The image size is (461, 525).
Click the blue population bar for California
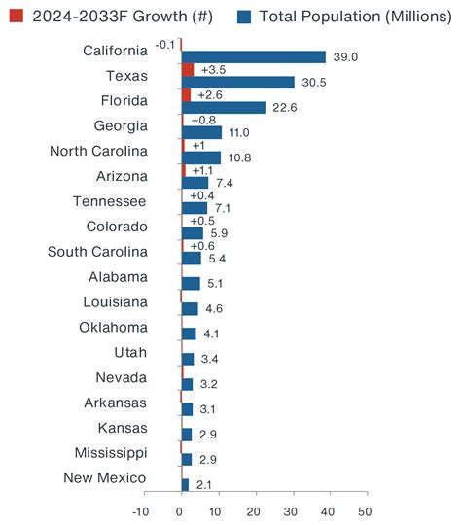click(x=253, y=57)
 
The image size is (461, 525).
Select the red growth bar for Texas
click(x=188, y=70)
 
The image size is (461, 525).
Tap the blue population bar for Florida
click(x=223, y=108)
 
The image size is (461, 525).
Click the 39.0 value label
click(x=345, y=57)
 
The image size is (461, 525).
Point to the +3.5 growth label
click(x=213, y=70)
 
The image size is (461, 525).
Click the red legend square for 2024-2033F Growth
click(x=17, y=16)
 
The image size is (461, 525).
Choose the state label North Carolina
click(x=98, y=152)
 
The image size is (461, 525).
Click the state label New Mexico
click(x=105, y=478)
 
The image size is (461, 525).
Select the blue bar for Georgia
click(x=201, y=133)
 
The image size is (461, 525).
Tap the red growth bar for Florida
click(x=186, y=95)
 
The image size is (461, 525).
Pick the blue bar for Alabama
click(x=191, y=284)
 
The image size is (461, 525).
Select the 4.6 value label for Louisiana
click(x=215, y=309)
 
